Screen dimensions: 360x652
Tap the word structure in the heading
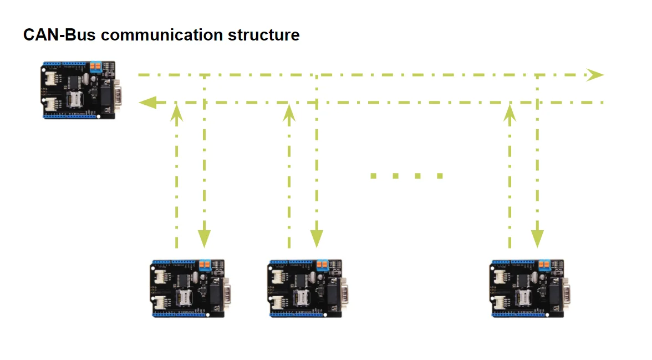tap(264, 35)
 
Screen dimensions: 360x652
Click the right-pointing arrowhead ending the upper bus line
tap(595, 75)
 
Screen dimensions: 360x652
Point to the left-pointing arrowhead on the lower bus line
tap(147, 102)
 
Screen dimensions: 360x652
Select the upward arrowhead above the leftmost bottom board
tap(177, 113)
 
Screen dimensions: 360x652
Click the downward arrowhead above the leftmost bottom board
tap(205, 239)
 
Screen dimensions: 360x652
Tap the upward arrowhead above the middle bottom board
tap(289, 113)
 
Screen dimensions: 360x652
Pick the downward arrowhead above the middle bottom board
tap(317, 239)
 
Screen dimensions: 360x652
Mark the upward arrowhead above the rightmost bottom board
tap(510, 113)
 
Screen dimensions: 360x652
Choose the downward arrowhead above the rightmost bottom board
tap(537, 239)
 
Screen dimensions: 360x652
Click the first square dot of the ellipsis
tap(374, 176)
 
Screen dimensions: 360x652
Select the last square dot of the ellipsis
tap(440, 176)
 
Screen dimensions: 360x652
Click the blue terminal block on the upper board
tap(95, 67)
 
